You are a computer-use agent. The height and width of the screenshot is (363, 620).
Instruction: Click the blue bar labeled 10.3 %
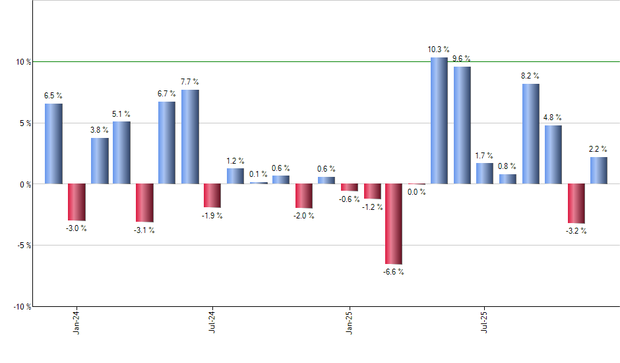pyautogui.click(x=439, y=121)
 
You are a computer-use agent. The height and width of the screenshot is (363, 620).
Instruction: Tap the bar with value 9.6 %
pyautogui.click(x=462, y=125)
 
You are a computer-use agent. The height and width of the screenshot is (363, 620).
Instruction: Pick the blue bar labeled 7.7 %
pyautogui.click(x=190, y=137)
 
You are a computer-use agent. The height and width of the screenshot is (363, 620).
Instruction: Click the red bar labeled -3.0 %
pyautogui.click(x=77, y=202)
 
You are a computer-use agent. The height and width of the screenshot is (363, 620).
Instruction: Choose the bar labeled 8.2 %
pyautogui.click(x=530, y=134)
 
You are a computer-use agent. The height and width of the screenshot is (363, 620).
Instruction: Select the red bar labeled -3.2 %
pyautogui.click(x=576, y=203)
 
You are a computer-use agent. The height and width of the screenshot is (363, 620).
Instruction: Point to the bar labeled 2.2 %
pyautogui.click(x=599, y=170)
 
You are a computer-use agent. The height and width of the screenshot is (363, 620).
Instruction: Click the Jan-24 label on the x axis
pyautogui.click(x=77, y=321)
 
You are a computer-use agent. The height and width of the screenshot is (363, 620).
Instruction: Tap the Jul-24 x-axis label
pyautogui.click(x=212, y=321)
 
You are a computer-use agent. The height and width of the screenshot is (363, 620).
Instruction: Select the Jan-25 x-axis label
pyautogui.click(x=349, y=321)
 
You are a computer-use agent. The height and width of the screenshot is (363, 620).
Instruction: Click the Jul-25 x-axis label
pyautogui.click(x=485, y=321)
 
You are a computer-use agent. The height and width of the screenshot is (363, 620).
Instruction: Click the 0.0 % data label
pyautogui.click(x=416, y=193)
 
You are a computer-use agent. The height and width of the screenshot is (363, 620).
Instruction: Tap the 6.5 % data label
pyautogui.click(x=53, y=96)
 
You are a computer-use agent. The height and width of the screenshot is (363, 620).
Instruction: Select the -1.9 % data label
pyautogui.click(x=212, y=216)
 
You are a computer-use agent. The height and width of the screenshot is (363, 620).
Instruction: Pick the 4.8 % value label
pyautogui.click(x=553, y=117)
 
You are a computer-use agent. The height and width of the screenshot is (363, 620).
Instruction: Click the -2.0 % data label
pyautogui.click(x=303, y=217)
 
